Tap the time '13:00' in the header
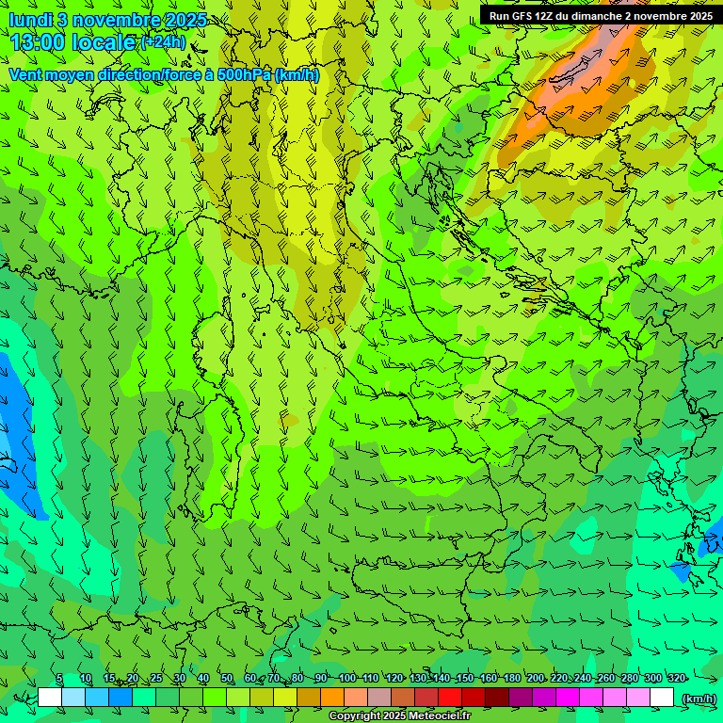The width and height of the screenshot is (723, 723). (x=39, y=42)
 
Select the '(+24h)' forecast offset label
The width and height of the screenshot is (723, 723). (x=163, y=41)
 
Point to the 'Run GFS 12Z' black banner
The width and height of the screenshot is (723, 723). (x=600, y=15)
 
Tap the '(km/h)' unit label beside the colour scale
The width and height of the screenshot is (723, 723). (x=699, y=699)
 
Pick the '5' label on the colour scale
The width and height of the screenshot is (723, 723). (x=59, y=679)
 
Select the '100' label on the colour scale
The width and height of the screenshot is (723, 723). (x=347, y=679)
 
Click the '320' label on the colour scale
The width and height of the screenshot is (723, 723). (x=677, y=679)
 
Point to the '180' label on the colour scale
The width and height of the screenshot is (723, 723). (x=511, y=679)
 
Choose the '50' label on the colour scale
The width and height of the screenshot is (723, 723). (x=227, y=679)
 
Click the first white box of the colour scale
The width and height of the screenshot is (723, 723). (x=50, y=698)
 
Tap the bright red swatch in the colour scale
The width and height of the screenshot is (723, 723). (x=450, y=698)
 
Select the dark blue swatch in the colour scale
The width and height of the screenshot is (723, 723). (x=120, y=698)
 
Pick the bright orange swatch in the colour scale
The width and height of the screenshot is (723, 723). (x=332, y=698)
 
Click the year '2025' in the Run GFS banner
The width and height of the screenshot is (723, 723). (x=698, y=15)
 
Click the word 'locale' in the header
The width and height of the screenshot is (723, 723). (x=105, y=42)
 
